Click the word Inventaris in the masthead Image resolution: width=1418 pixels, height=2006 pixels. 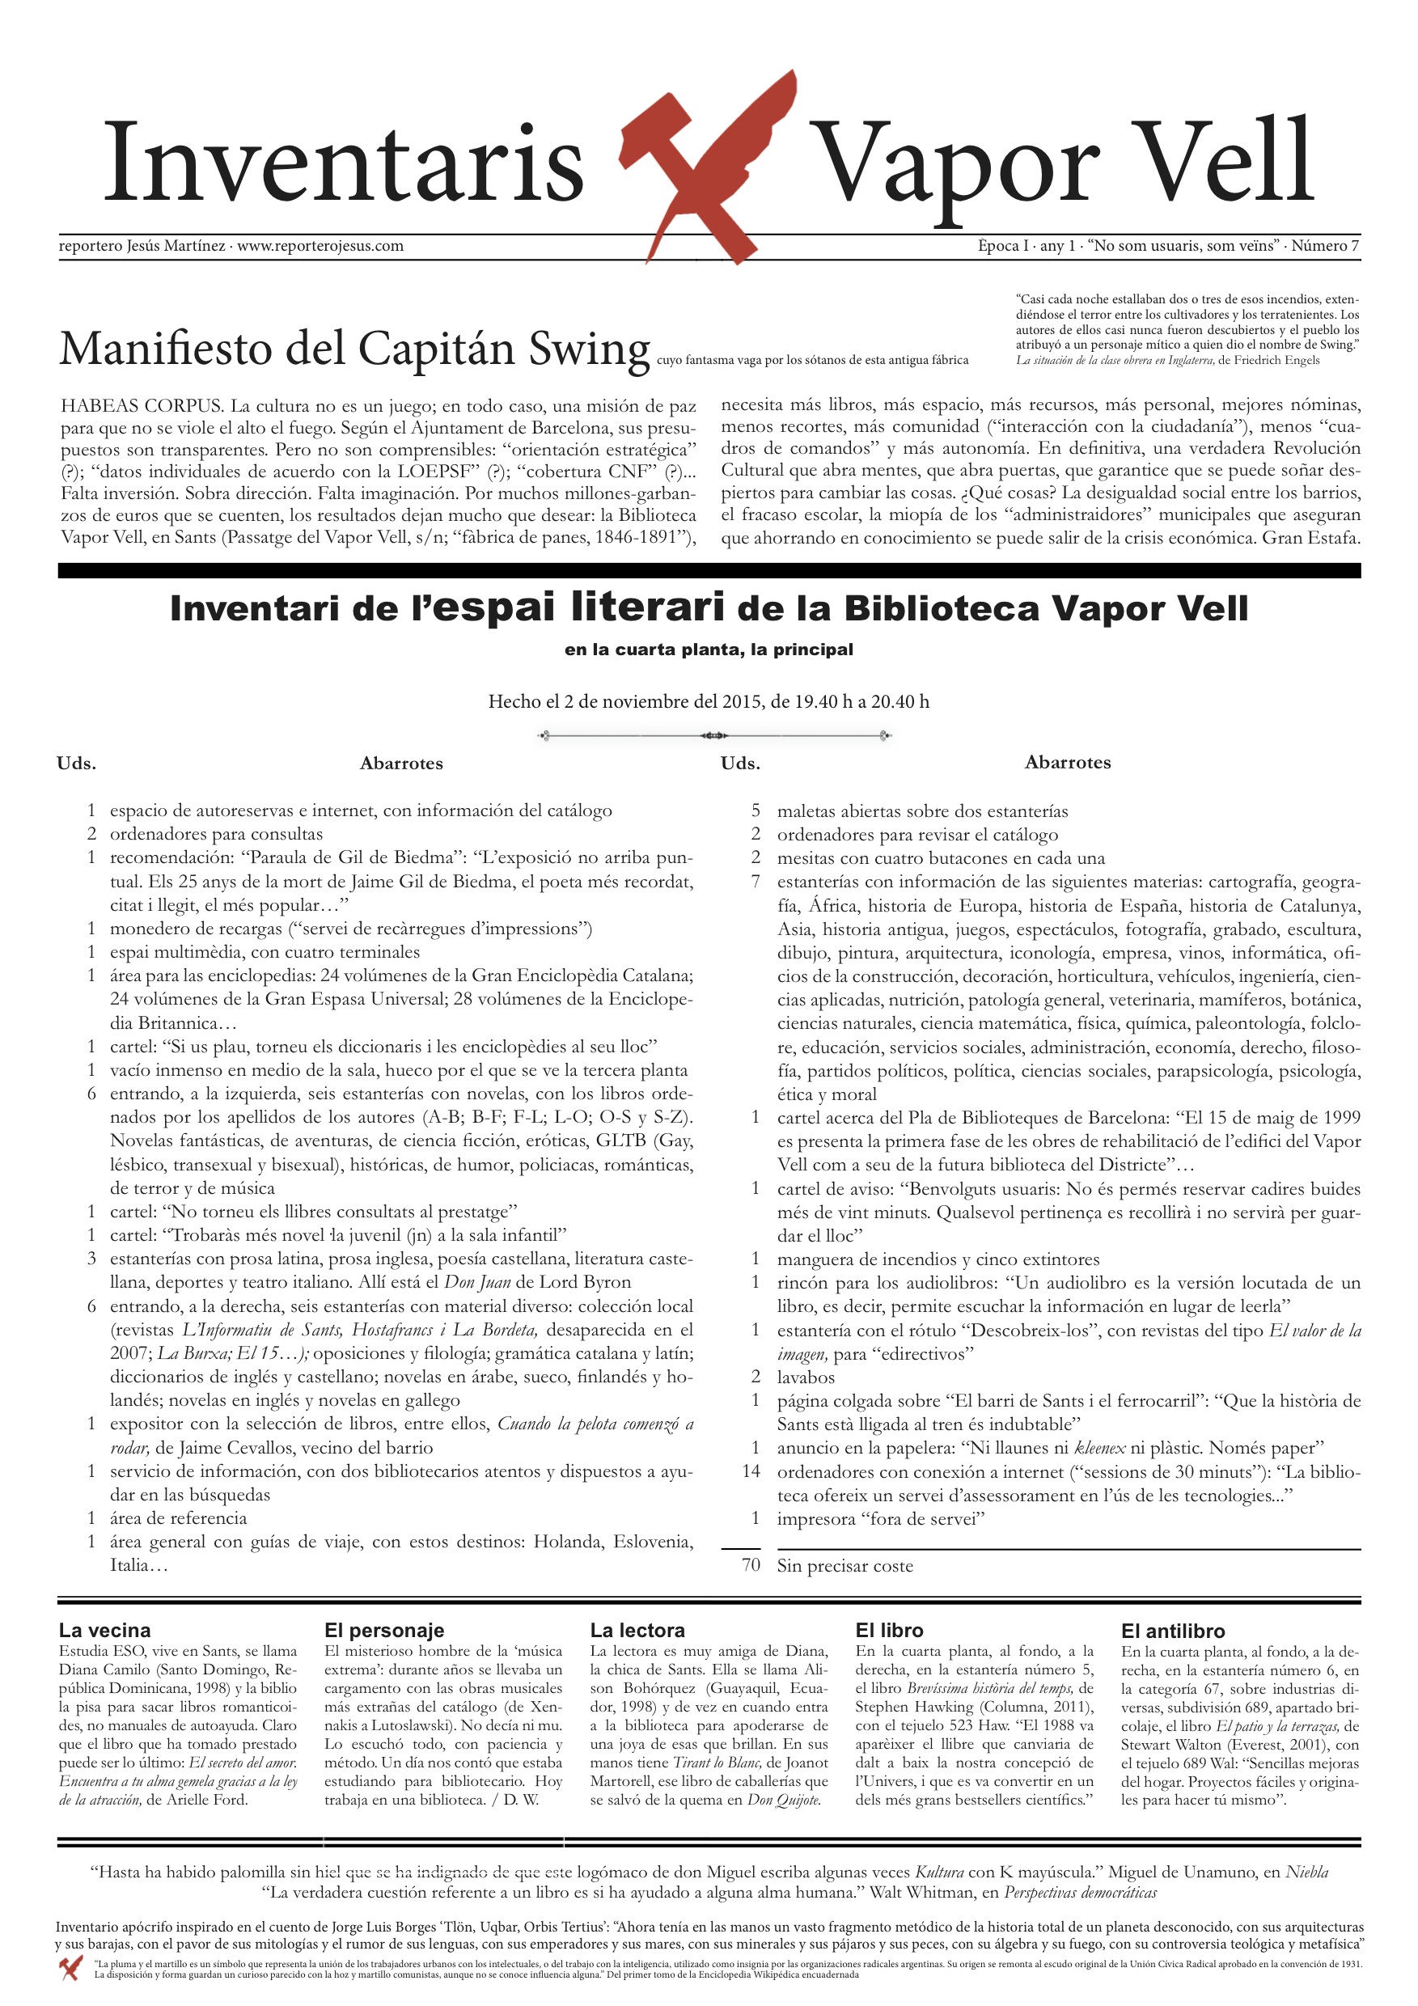(x=343, y=163)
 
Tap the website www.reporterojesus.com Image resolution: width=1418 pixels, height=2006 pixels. (x=320, y=246)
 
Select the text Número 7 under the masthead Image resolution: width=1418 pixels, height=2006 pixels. (x=1324, y=246)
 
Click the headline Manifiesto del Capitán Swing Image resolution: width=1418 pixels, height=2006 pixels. (x=353, y=348)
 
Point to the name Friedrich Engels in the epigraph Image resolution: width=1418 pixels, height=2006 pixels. (x=1276, y=360)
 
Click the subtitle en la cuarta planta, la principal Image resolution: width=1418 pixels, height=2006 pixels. (x=709, y=650)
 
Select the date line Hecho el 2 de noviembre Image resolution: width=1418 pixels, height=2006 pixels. (x=709, y=700)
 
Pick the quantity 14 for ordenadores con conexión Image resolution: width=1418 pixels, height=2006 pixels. (x=751, y=1471)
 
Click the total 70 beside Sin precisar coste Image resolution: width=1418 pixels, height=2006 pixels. (x=751, y=1565)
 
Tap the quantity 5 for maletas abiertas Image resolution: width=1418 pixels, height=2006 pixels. (x=756, y=810)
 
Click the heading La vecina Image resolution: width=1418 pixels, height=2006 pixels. (x=105, y=1631)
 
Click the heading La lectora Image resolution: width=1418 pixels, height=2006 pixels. (x=637, y=1631)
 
